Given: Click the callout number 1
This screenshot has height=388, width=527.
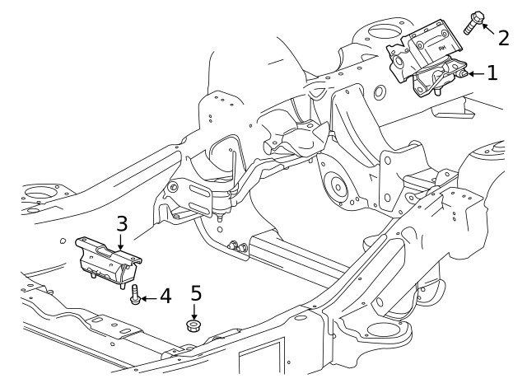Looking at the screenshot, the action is point(492,73).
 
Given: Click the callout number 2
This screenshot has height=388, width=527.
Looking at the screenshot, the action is point(502,37).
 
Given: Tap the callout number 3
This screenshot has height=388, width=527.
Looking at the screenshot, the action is point(121,223).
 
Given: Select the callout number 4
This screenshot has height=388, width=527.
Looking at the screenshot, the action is point(166,295).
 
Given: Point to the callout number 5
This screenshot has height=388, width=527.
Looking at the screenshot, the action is point(195,292).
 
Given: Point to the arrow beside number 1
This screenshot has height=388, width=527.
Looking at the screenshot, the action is point(470,74).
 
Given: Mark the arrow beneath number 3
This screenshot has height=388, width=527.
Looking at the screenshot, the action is point(120,241).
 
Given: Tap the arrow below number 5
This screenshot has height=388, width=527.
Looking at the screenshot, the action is point(195,312).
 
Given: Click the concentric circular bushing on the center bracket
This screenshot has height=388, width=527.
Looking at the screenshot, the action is point(335,188).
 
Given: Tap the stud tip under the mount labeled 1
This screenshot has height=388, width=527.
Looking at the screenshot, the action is point(436,92).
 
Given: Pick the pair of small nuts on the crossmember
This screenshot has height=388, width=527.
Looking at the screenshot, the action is point(235,245).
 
